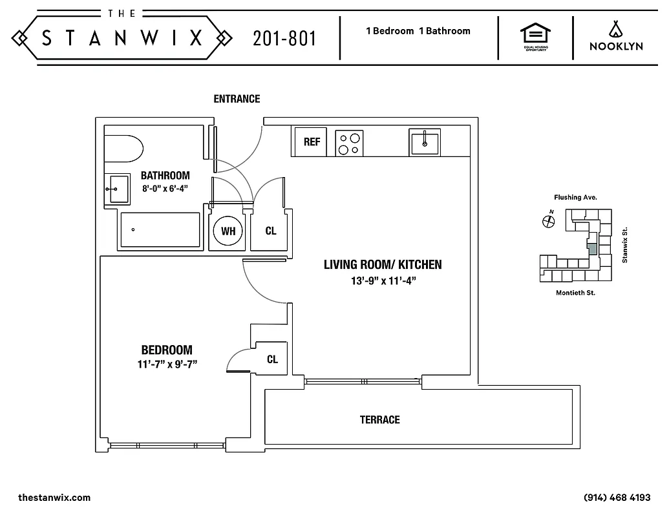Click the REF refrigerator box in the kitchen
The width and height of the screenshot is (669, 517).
click(x=311, y=142)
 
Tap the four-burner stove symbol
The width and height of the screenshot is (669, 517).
click(x=349, y=143)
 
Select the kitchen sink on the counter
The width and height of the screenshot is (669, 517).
click(x=424, y=142)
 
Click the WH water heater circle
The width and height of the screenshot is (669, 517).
click(x=228, y=231)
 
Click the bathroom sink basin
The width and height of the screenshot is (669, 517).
click(x=118, y=189)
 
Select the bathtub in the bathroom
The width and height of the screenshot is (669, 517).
click(x=159, y=229)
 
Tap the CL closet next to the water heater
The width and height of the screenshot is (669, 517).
click(x=271, y=231)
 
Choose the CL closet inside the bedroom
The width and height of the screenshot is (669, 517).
click(x=272, y=359)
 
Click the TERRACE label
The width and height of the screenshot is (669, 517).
click(x=379, y=420)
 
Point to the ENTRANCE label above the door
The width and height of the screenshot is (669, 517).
click(x=237, y=99)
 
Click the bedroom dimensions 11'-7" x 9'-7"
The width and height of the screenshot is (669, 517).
click(x=167, y=364)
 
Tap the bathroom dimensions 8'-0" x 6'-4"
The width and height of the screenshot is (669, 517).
click(x=165, y=189)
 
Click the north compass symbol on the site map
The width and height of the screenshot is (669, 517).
click(x=549, y=222)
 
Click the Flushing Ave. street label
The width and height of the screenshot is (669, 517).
click(x=575, y=197)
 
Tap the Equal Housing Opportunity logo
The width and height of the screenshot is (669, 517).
click(x=535, y=37)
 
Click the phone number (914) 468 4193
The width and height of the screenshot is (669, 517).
click(x=616, y=498)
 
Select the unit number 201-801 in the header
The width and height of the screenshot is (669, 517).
click(x=284, y=39)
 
